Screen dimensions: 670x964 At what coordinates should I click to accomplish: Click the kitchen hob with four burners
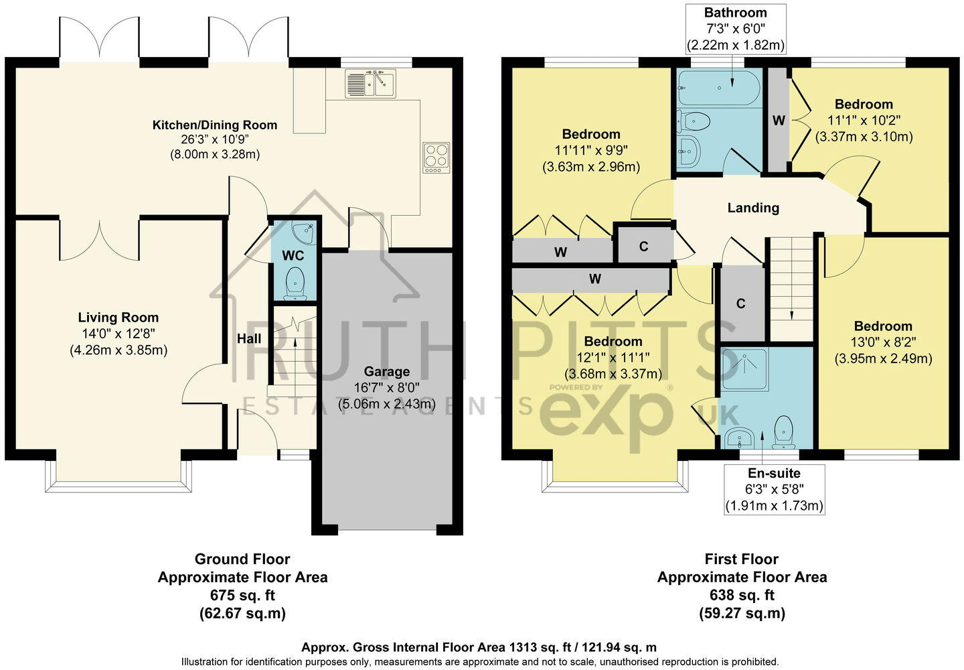click(x=436, y=157)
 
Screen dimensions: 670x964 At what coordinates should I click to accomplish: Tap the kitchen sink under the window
click(x=369, y=84)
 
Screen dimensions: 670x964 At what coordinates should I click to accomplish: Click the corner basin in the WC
click(x=307, y=230)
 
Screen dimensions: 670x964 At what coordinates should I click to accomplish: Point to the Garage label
click(x=386, y=371)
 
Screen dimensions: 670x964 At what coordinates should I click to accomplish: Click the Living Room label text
click(x=118, y=318)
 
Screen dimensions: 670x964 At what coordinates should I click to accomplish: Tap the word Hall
click(x=249, y=339)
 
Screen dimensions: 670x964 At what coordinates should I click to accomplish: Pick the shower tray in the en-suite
click(x=745, y=368)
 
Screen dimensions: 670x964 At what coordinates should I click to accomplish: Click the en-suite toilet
click(x=783, y=432)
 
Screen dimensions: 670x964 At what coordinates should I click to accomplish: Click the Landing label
click(x=753, y=208)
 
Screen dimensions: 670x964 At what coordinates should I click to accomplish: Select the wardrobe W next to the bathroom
click(x=778, y=121)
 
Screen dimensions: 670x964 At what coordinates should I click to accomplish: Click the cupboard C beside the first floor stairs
click(x=740, y=304)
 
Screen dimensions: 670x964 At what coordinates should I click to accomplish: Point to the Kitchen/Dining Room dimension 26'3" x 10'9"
click(x=214, y=139)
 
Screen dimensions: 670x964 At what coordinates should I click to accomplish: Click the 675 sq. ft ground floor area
click(x=242, y=595)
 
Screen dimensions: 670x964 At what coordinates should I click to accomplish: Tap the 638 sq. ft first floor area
click(x=742, y=595)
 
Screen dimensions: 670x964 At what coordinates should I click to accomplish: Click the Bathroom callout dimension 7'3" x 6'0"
click(x=735, y=29)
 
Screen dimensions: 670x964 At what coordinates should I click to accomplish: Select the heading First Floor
click(x=742, y=559)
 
